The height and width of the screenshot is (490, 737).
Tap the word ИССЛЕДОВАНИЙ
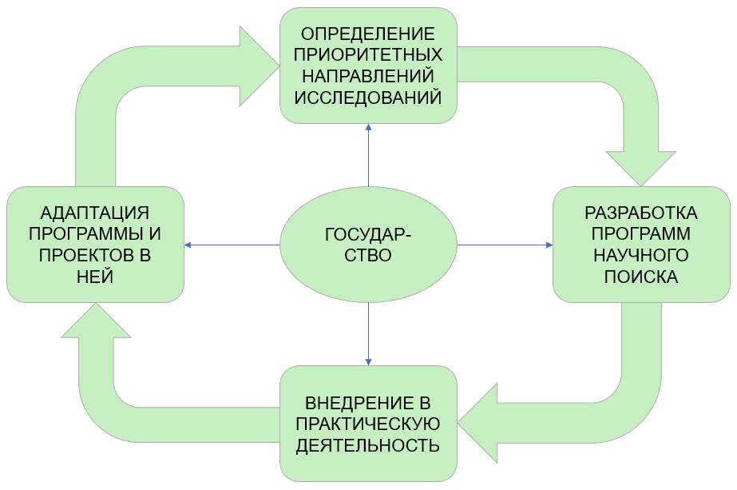[x=368, y=98]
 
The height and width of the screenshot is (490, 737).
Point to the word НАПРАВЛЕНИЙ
[x=368, y=77]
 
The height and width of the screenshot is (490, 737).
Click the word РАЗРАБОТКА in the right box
[x=641, y=213]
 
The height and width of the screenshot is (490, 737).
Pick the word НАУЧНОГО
[x=641, y=256]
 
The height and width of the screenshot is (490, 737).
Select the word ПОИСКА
[x=641, y=277]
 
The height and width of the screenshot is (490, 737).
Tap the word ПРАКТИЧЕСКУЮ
[x=368, y=424]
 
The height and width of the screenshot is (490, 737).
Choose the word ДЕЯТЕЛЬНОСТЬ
[x=368, y=445]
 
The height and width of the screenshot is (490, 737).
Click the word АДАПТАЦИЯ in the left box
[x=95, y=213]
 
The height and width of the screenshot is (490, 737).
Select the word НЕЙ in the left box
[x=95, y=277]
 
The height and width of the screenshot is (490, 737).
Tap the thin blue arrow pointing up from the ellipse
[x=368, y=155]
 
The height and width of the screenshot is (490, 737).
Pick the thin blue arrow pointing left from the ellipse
[x=232, y=245]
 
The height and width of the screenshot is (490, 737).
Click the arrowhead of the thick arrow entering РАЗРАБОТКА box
[x=641, y=168]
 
